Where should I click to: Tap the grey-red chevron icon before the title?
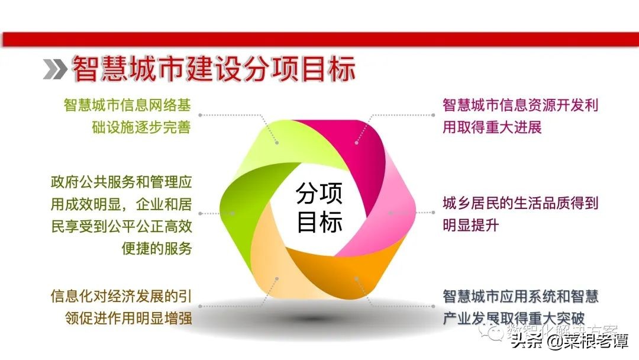(55, 70)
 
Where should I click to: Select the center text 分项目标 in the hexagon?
(319, 207)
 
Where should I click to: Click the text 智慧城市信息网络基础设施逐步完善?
(127, 116)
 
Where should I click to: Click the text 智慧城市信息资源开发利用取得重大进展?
(521, 116)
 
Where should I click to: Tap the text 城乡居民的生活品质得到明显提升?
(521, 214)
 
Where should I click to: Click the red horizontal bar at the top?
(319, 39)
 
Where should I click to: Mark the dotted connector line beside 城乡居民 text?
(417, 212)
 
